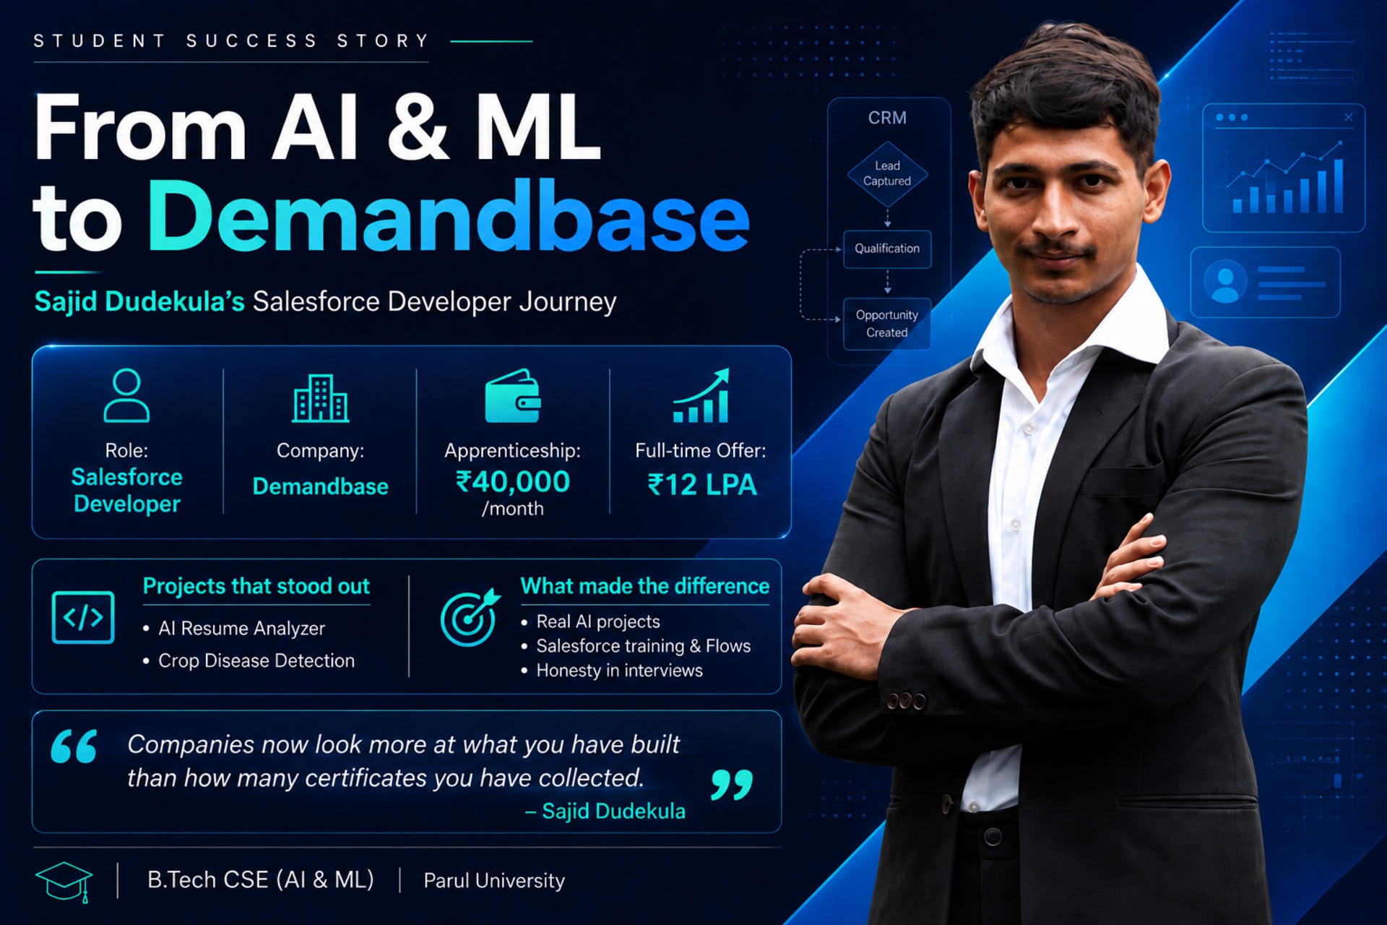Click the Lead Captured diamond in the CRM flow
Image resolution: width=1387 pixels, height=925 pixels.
click(887, 174)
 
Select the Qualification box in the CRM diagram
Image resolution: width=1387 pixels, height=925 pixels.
click(887, 249)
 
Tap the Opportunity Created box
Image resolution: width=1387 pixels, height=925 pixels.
click(887, 324)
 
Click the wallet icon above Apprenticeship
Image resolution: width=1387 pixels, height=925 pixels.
click(513, 396)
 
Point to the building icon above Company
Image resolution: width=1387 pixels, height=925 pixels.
click(321, 397)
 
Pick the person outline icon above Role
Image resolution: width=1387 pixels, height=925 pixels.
click(126, 395)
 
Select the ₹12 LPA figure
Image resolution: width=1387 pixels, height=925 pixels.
click(702, 485)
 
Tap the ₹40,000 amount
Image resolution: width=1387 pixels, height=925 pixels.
click(513, 482)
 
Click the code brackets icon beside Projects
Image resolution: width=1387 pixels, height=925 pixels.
click(83, 617)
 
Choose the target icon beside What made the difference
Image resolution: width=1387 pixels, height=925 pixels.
click(470, 617)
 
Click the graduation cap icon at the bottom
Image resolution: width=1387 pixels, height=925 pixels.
click(64, 881)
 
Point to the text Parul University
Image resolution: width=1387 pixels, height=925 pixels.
click(494, 880)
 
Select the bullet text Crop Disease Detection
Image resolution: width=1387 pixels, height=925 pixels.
click(256, 661)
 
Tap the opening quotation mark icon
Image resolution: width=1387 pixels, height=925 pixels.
click(74, 746)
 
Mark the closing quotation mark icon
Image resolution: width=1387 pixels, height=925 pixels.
click(731, 784)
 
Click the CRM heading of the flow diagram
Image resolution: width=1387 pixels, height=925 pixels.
click(887, 118)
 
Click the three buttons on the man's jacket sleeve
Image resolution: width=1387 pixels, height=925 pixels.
click(906, 701)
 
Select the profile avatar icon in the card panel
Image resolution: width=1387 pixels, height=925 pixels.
click(1225, 281)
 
